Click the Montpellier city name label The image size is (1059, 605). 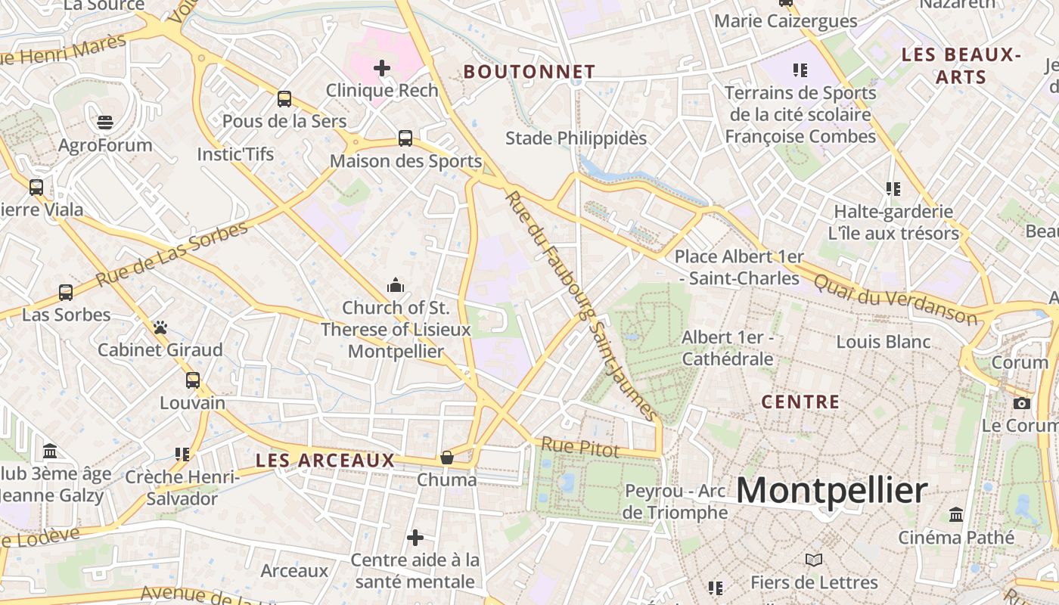831,491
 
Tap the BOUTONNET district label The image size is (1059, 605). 529,72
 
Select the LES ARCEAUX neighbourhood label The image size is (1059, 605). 325,460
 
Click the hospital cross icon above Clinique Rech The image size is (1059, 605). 382,68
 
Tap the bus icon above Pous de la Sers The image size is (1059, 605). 284,98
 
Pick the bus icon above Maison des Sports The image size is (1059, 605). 405,138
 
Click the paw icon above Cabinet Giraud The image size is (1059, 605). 160,327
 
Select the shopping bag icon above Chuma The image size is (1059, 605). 447,458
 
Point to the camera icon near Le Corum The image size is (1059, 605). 1022,403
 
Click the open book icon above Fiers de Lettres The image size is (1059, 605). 814,560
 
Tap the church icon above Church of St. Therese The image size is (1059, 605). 395,285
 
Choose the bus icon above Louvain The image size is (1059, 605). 193,380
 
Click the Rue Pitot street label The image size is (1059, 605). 580,447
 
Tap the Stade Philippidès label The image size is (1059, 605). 576,138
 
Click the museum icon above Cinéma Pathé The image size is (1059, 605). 956,514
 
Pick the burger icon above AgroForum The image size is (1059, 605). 105,123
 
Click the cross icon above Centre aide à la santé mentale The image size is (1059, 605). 415,538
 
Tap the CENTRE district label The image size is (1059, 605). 800,402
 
